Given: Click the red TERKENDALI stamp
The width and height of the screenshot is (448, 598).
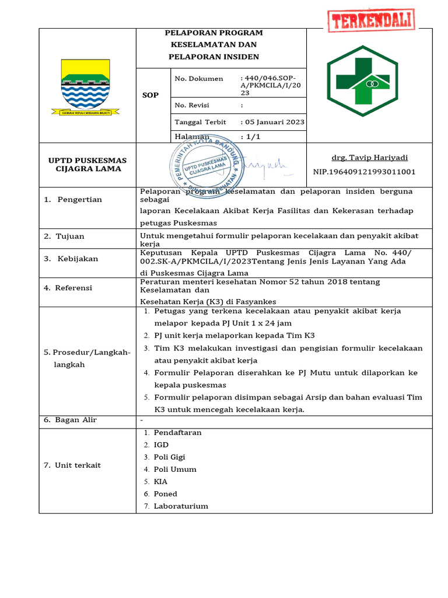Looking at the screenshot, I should coord(371,22).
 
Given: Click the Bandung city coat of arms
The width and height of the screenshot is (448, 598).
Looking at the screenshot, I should coord(86,86).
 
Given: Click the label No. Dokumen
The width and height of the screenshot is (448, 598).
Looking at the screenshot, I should coord(199,78).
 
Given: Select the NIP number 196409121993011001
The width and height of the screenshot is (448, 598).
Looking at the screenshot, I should coord(364,172).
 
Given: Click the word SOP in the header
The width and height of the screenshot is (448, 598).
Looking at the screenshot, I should coord(150,95).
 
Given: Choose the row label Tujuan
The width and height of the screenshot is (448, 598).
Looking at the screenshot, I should coord(70,237).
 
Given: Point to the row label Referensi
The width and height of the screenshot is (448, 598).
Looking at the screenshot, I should coord(74,288).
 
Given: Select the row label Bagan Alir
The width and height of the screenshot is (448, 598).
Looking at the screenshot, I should coord(76,420).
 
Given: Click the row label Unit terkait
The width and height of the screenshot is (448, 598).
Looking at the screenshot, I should coord(78,465).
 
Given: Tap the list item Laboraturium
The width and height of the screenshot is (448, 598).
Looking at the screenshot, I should coord(181,506).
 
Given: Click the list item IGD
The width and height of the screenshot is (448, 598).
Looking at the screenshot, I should coord(161,445).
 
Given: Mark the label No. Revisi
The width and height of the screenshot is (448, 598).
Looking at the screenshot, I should coord(192,105).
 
